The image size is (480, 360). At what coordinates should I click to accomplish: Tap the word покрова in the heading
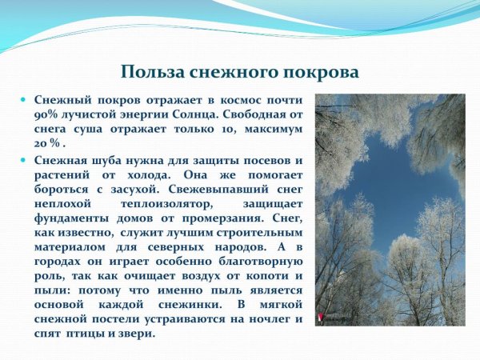click(x=318, y=71)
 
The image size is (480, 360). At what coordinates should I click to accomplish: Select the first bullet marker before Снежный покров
click(x=25, y=101)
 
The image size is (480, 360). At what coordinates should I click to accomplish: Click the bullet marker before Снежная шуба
click(x=25, y=159)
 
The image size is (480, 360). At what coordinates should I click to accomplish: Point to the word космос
click(x=236, y=101)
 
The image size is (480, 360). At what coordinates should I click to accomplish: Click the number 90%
click(x=47, y=115)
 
